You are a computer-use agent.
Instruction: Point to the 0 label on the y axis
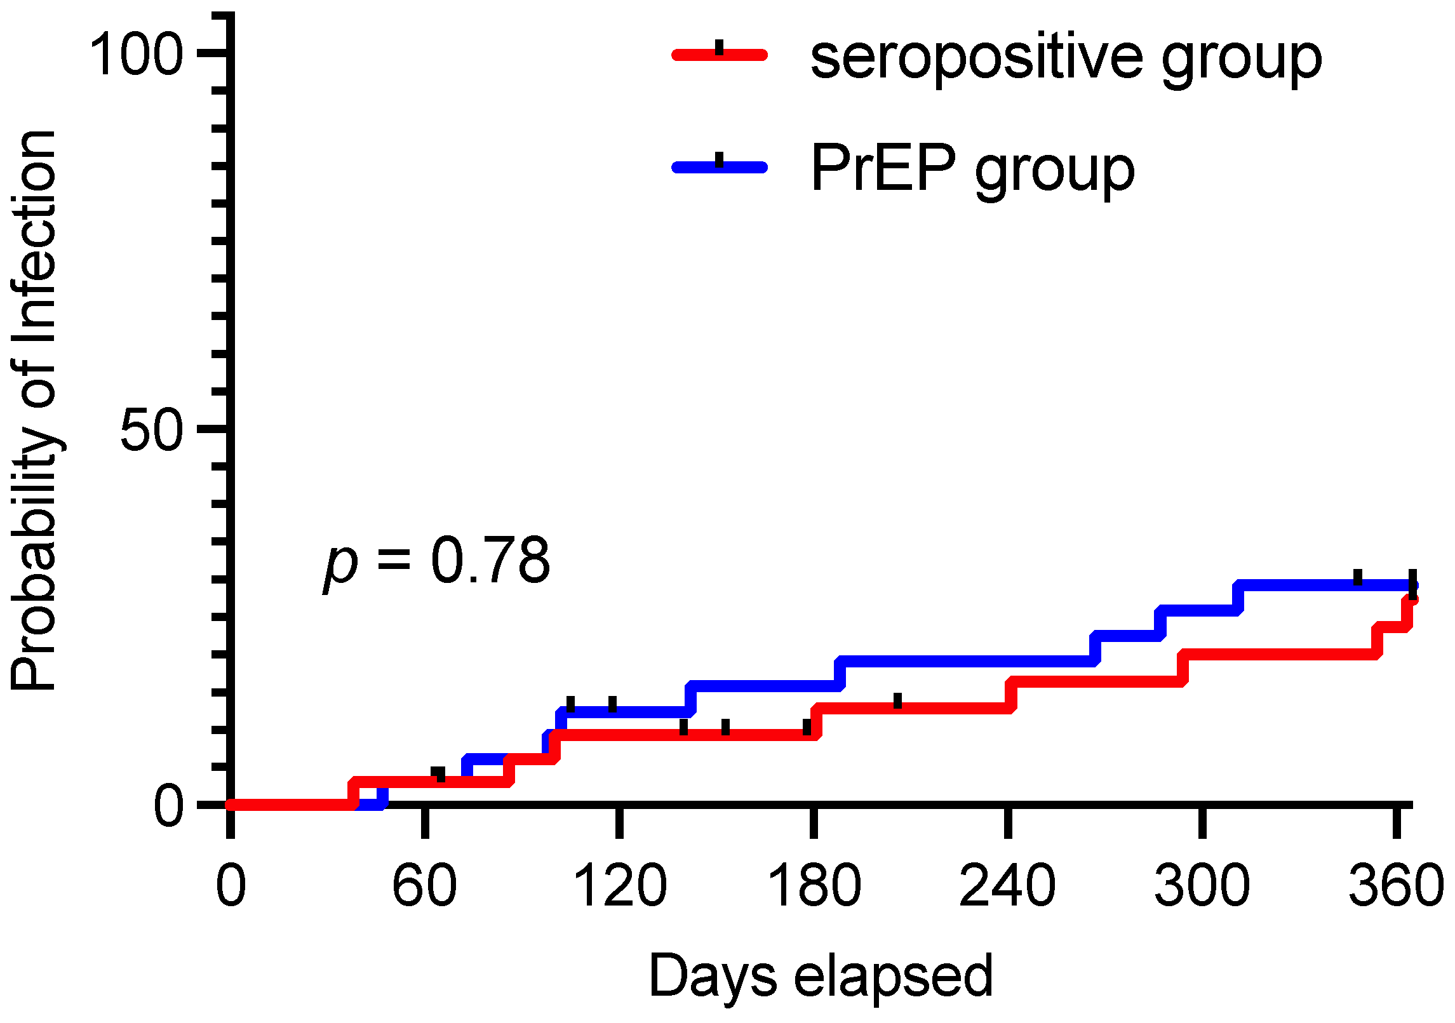tap(169, 806)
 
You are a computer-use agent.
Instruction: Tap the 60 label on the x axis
tap(424, 886)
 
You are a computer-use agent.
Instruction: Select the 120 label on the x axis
tap(620, 886)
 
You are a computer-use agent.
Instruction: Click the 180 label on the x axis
tap(814, 886)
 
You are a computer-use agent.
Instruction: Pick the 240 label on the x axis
tap(1008, 886)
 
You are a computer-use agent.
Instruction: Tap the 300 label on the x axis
tap(1202, 886)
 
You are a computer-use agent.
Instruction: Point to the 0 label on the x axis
tap(231, 886)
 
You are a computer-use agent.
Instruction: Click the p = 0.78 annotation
tap(437, 561)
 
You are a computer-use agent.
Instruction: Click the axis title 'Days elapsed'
tap(821, 977)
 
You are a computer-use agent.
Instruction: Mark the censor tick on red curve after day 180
tap(897, 701)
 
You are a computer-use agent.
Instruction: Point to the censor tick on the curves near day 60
tap(438, 774)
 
